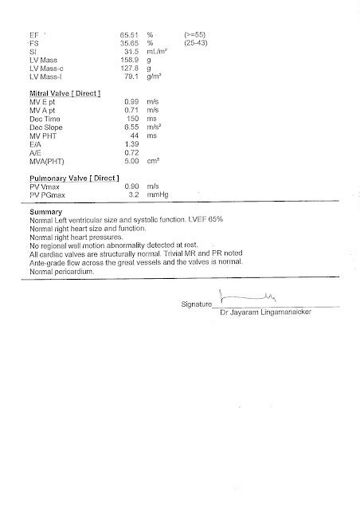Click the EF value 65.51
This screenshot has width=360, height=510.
pos(130,36)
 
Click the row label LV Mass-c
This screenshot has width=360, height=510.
pos(47,68)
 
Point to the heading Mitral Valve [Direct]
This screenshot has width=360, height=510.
pos(64,94)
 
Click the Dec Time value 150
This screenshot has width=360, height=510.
pos(134,119)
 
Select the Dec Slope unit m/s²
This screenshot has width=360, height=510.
pos(157,127)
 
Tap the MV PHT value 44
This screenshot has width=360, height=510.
pos(135,135)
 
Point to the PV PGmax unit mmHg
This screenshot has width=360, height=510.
pos(158,194)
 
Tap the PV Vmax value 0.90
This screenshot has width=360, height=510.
pos(132,186)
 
